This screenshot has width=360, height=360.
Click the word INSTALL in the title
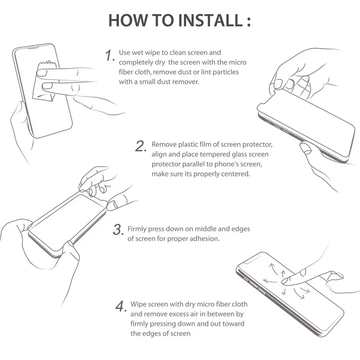coord(210,20)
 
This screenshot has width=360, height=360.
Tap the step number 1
coord(110,55)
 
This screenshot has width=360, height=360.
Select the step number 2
coord(141,146)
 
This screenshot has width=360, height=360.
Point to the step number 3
coord(118,230)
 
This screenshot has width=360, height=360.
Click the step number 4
coord(121,306)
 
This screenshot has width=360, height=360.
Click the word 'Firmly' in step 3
coord(137,229)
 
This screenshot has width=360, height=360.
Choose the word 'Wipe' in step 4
coord(139,305)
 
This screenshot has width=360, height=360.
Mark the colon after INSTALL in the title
coord(249,21)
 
